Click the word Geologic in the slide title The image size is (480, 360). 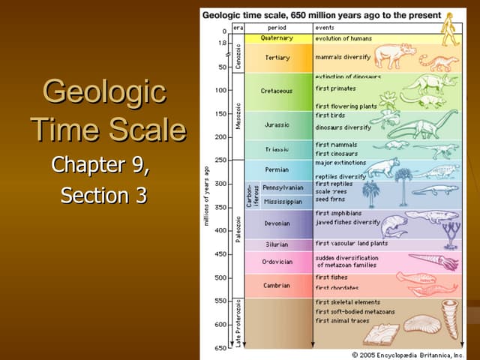tap(105, 93)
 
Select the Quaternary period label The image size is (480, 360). tap(277, 37)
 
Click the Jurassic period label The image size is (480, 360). tap(277, 124)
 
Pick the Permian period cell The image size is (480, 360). tap(277, 169)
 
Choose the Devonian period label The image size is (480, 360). tap(277, 223)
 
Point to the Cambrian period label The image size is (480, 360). tap(277, 285)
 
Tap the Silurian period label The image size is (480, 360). tap(277, 244)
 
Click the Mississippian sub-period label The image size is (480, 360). tap(283, 201)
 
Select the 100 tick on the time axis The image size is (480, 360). tap(220, 91)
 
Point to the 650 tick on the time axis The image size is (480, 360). tap(220, 348)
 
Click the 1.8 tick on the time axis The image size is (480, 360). tap(221, 43)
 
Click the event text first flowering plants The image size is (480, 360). tap(346, 106)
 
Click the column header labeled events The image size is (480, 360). tap(325, 27)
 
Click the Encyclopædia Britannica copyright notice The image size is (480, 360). tap(408, 354)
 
